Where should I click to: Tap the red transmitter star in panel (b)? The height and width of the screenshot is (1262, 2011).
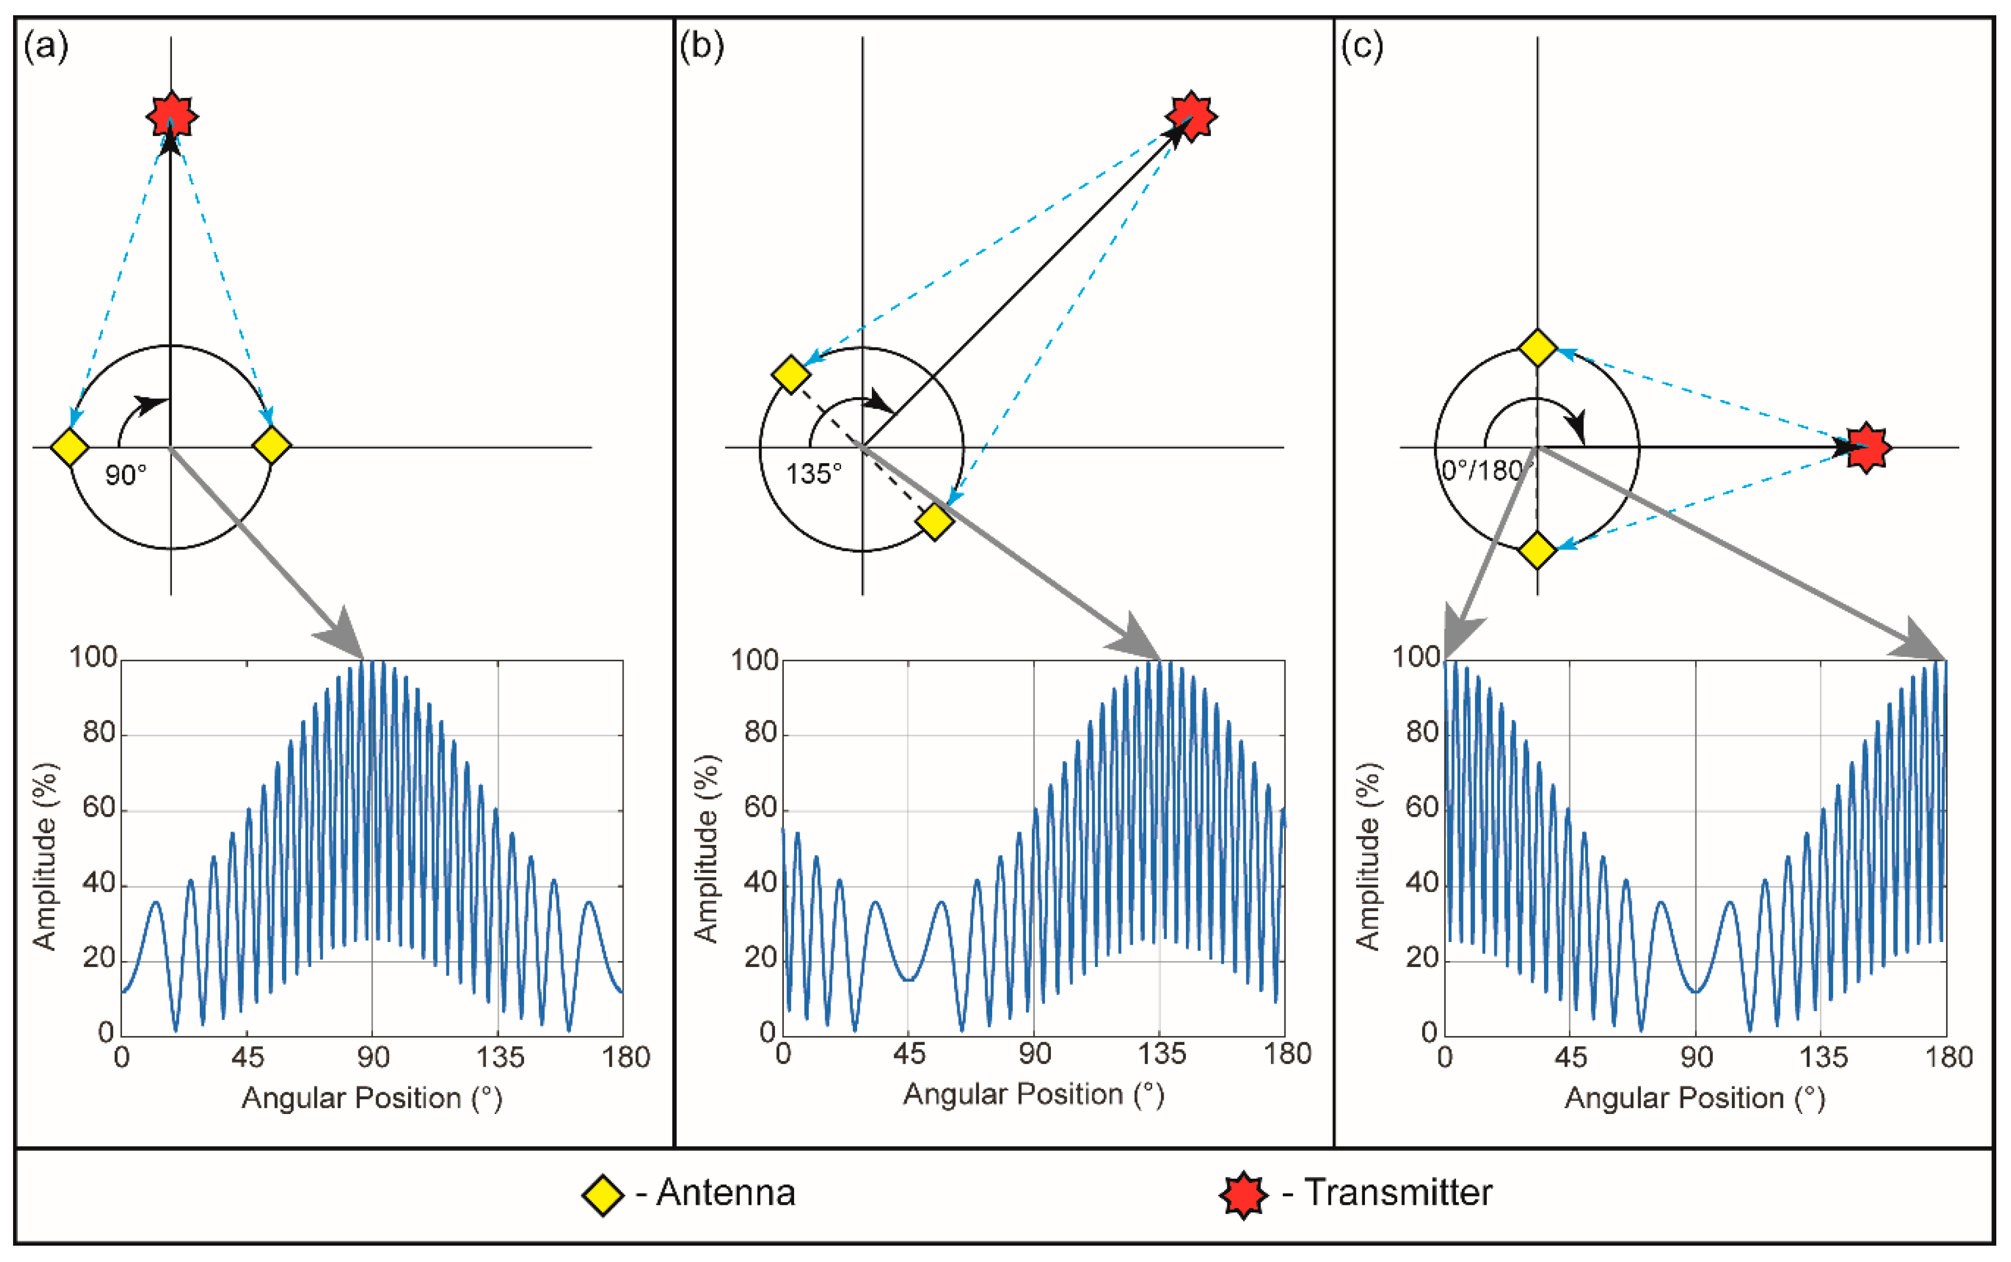pos(1191,115)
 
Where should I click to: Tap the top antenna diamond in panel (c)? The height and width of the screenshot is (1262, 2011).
pos(1537,347)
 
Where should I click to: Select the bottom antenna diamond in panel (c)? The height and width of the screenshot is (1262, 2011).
pos(1537,551)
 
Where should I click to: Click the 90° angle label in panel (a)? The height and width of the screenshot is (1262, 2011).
pos(126,476)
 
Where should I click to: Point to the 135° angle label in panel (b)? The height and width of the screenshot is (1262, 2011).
pos(814,474)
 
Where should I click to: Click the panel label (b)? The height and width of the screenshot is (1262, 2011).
pos(701,46)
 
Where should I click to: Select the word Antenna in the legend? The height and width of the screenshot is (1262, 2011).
pos(725,1193)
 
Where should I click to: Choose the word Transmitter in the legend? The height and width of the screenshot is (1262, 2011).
pos(1398,1193)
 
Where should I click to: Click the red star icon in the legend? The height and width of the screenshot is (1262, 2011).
pos(1243,1195)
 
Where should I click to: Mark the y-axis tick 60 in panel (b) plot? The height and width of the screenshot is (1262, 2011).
pos(760,808)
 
